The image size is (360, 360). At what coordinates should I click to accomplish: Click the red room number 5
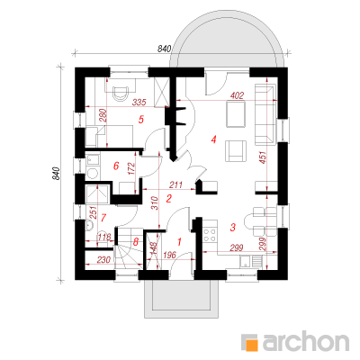pos(140,120)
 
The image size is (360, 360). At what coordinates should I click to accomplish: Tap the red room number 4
pos(213,139)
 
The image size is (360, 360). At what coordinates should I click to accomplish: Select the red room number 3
pos(232,227)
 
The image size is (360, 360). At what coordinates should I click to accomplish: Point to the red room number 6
pos(116,166)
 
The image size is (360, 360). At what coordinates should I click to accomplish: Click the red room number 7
pos(103,218)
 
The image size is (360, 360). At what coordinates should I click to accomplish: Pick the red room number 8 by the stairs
pos(136,242)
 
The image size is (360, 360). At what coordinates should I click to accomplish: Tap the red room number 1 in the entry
pos(180,241)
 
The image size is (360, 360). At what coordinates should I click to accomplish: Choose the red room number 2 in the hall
pos(168,198)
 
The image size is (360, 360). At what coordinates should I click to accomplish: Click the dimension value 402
pos(237,95)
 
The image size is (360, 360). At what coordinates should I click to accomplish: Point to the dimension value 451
pos(263,157)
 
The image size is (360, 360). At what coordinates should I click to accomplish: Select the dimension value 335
pos(139,103)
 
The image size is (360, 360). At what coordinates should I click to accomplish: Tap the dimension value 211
pos(175,184)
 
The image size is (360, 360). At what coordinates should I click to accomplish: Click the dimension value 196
pos(170,255)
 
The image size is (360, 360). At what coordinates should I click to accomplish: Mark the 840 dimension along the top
pos(164,49)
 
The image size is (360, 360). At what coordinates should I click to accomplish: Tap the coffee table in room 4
pos(236,114)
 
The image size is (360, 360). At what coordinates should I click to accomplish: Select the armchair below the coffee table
pos(236,151)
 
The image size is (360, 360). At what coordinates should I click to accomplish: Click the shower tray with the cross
pos(97,194)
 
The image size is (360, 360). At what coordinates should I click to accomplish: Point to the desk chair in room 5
pos(121,92)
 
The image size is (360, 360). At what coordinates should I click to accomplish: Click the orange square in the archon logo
pos(252,346)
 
